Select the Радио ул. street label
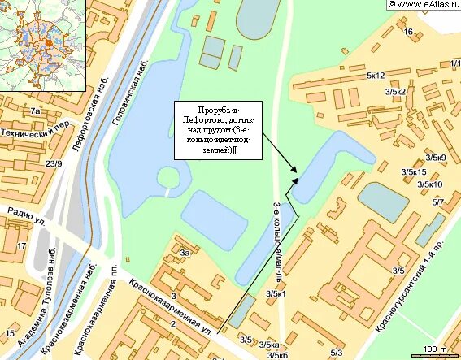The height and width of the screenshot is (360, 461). point(29,215)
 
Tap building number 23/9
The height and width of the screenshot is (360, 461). point(54,164)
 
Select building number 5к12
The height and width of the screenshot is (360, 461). point(375,76)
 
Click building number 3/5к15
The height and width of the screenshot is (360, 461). point(414,172)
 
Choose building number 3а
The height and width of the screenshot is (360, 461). point(185,254)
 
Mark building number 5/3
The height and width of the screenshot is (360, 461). point(337,352)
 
